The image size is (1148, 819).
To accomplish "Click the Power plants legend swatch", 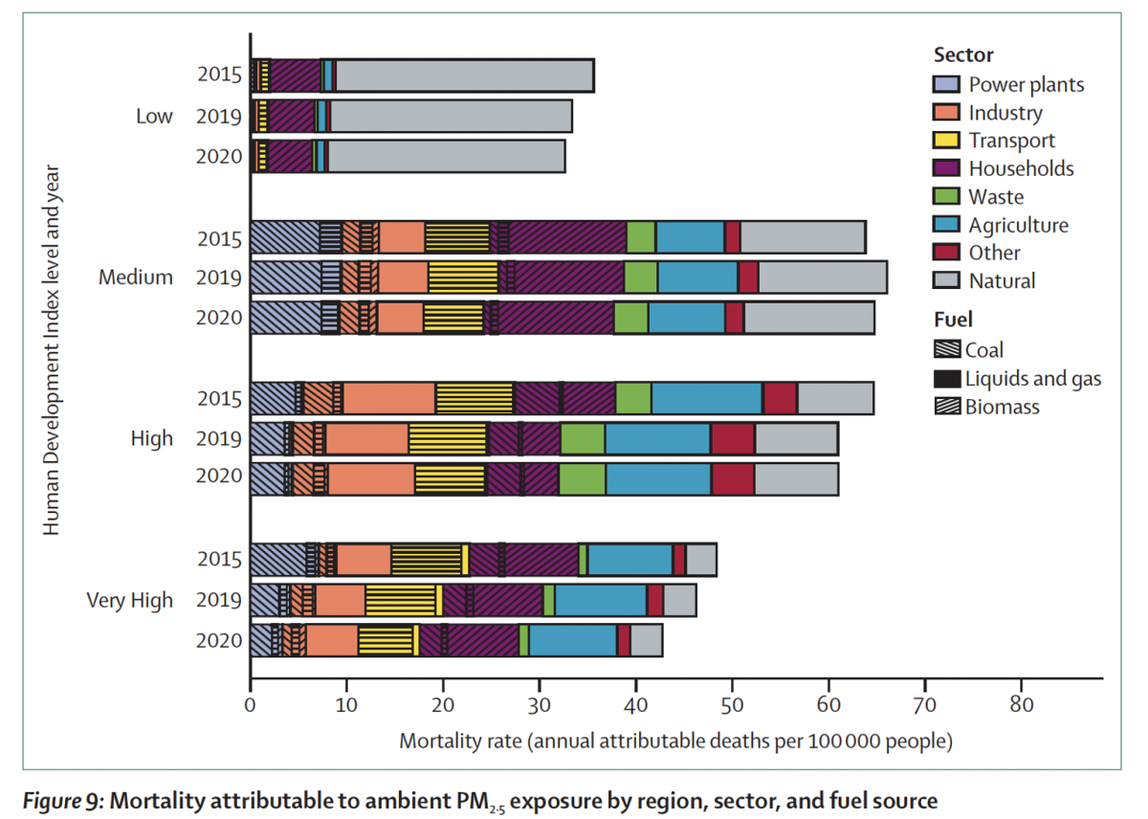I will (946, 84).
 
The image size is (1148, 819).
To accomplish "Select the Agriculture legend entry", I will (1018, 226).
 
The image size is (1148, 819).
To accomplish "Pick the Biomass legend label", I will (1003, 408).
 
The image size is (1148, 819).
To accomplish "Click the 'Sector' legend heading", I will (963, 55).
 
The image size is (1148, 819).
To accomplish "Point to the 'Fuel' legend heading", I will (953, 321).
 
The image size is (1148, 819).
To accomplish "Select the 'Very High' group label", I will (130, 601).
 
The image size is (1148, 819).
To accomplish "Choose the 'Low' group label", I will (154, 117).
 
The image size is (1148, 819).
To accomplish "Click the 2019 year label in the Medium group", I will (219, 277).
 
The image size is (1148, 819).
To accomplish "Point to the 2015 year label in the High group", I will (219, 398).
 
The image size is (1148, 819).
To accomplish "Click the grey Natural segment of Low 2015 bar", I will (464, 75).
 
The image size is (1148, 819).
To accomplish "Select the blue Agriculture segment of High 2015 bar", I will (706, 398).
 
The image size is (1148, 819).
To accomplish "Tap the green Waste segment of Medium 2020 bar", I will (630, 318).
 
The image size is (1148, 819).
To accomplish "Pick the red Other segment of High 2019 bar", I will (732, 439).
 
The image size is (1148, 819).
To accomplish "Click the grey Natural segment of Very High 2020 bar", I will (646, 640).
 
